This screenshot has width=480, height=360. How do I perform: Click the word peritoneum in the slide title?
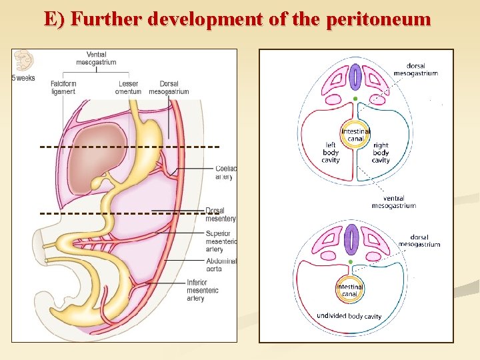(379, 19)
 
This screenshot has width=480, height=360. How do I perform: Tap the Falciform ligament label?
(63, 87)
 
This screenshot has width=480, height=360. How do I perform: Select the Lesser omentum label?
(128, 87)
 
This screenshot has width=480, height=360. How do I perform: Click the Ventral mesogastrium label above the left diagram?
(101, 58)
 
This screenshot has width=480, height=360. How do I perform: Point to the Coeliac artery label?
(225, 172)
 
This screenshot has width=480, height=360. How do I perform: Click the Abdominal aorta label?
(221, 265)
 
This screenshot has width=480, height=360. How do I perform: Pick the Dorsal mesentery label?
(221, 214)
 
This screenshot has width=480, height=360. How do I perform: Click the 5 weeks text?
(23, 78)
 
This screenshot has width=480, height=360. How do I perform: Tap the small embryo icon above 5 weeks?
(24, 61)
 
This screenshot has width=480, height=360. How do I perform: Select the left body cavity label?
(331, 153)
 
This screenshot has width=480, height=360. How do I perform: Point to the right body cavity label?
(381, 153)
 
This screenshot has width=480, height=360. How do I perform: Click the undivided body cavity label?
(349, 315)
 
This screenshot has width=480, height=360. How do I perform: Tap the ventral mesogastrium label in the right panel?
(394, 201)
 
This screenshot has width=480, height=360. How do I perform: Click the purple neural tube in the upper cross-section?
(355, 76)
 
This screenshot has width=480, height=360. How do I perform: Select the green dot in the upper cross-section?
(356, 99)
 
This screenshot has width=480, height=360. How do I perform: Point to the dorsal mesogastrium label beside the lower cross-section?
(419, 241)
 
